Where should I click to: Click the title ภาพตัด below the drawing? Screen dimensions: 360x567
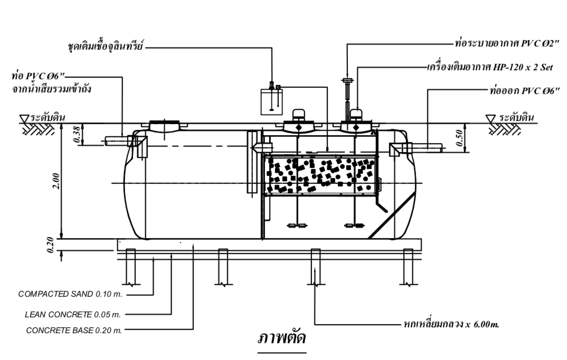click(x=281, y=338)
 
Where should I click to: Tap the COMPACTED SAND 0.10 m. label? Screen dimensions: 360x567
click(x=73, y=294)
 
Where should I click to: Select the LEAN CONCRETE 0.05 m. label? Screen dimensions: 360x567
click(x=73, y=315)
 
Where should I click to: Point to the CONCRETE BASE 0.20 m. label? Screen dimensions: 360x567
click(x=74, y=331)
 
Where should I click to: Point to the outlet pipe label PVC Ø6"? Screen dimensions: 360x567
click(x=520, y=91)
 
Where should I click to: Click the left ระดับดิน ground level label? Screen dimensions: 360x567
click(x=48, y=117)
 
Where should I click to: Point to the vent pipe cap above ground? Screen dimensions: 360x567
click(x=347, y=80)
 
